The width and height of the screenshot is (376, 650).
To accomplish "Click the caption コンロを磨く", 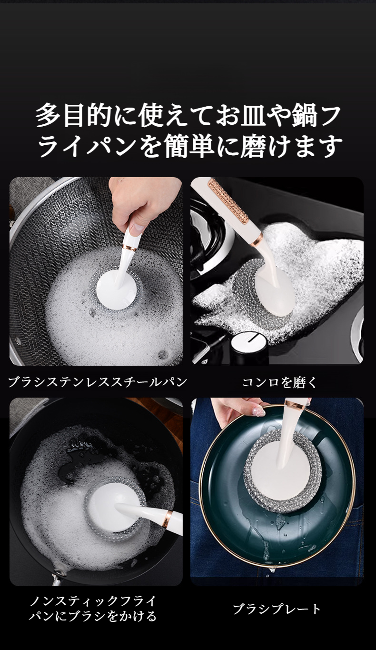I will (279, 382).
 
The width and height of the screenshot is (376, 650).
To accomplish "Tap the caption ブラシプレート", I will (277, 609).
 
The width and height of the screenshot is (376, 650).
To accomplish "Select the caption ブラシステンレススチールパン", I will (98, 382).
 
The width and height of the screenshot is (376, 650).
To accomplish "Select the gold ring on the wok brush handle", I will (129, 248).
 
